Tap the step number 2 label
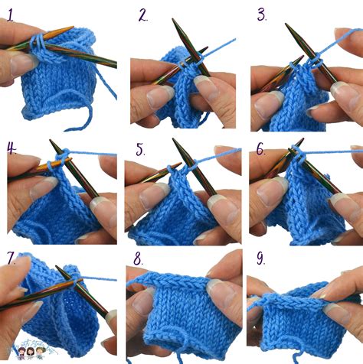click(143, 14)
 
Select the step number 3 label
click(261, 15)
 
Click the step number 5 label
click(140, 148)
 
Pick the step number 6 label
click(260, 148)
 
